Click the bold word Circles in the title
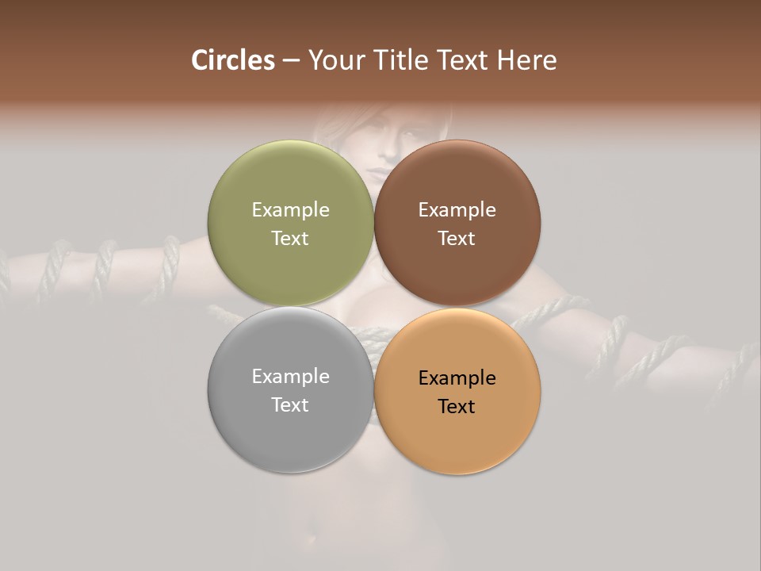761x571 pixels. tap(233, 60)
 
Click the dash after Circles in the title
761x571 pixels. tap(291, 61)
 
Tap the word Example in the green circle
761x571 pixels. tap(290, 210)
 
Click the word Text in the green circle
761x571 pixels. tap(290, 239)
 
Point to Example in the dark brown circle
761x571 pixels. tap(457, 210)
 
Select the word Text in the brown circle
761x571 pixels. tap(457, 239)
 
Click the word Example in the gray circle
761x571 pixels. tap(290, 377)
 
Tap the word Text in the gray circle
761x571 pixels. tap(290, 405)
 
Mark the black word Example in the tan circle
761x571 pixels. tap(457, 378)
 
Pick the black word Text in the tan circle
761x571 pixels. tap(457, 407)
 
